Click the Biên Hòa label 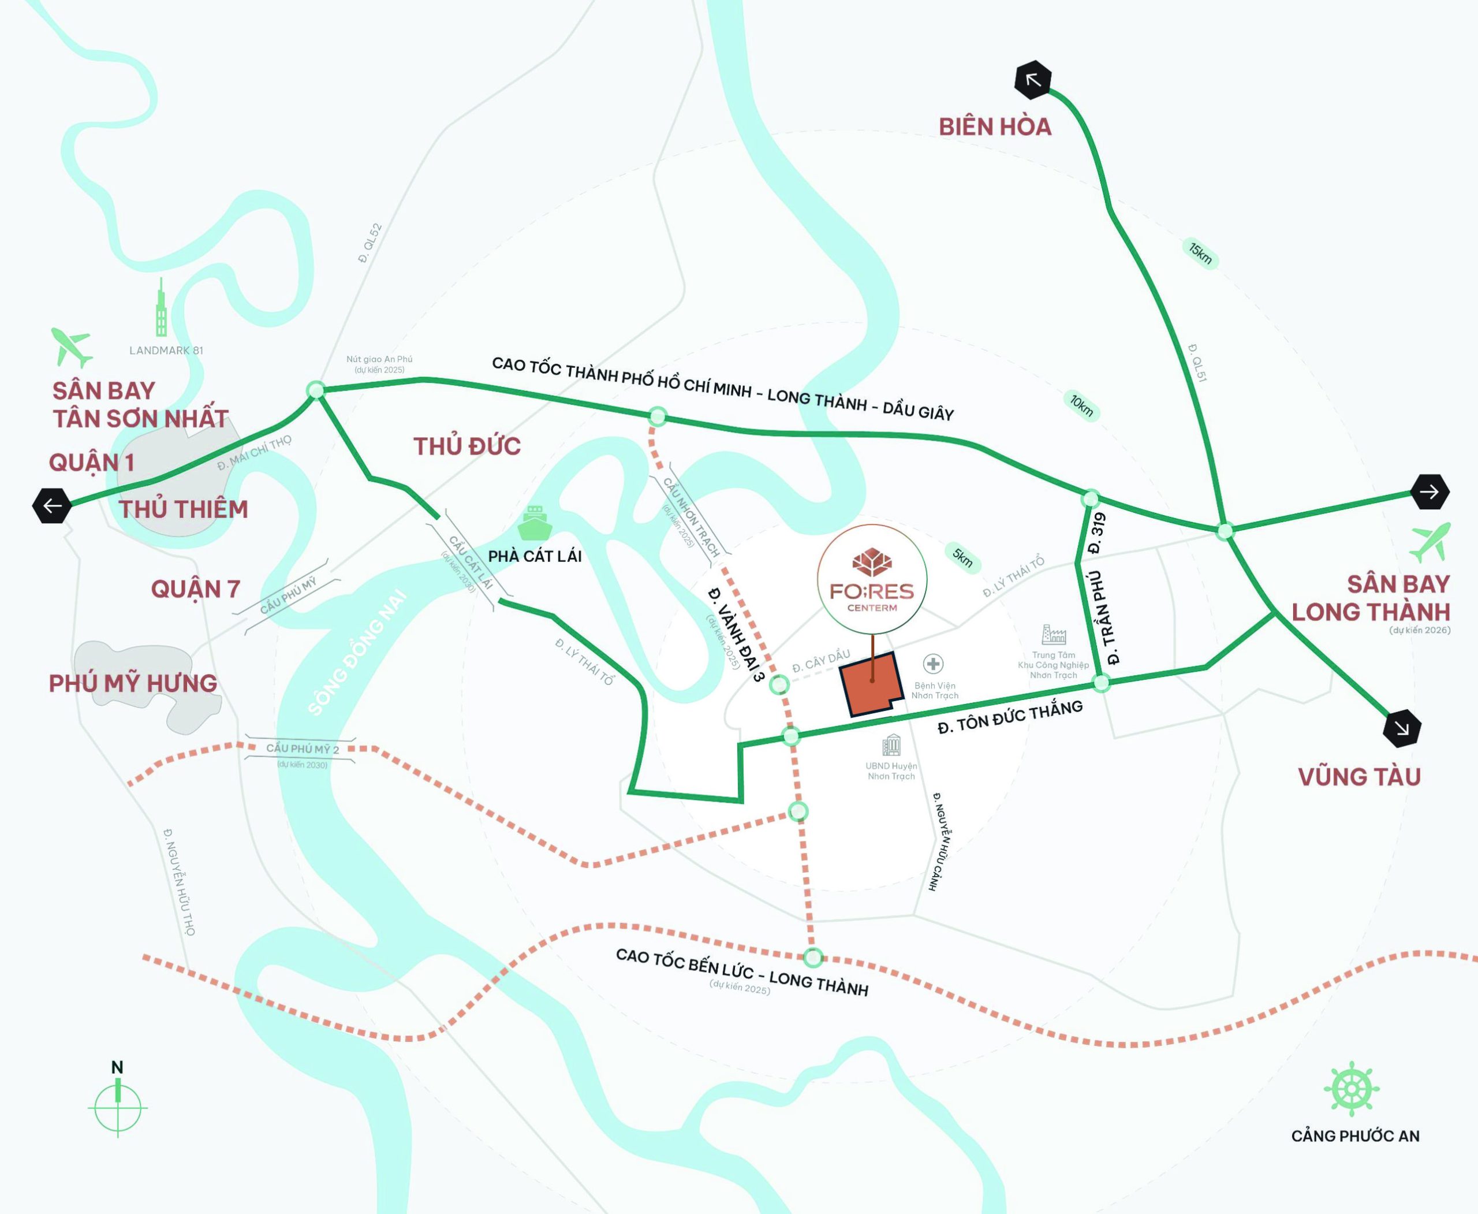click(x=995, y=126)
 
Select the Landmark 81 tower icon click(x=162, y=308)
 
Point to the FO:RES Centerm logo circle click(x=872, y=580)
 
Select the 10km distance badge click(x=1081, y=405)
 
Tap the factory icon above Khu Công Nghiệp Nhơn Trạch click(x=1053, y=634)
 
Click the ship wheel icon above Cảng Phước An click(x=1351, y=1089)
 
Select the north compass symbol click(x=117, y=1107)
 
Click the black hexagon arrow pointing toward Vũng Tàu click(x=1402, y=729)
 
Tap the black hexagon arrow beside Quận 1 click(x=53, y=505)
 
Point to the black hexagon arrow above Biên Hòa click(x=1033, y=80)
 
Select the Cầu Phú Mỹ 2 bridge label click(x=302, y=749)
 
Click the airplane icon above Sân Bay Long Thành click(x=1430, y=542)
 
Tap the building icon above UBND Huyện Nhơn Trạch click(x=891, y=745)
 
